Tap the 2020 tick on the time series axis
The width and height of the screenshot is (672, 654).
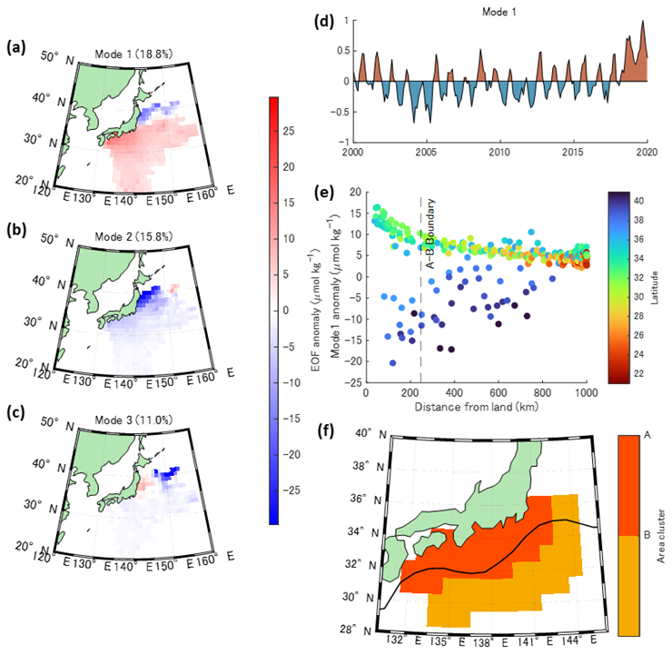(x=647, y=151)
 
